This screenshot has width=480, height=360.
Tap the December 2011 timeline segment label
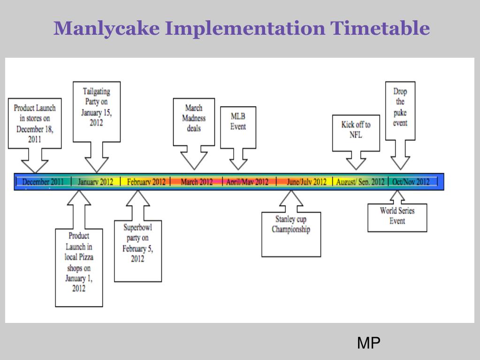tap(43, 182)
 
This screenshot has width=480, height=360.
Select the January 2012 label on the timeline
tap(95, 182)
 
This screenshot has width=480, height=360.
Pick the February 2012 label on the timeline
tap(146, 182)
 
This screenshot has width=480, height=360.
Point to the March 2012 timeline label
tap(197, 182)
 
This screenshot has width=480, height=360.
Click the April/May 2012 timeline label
tap(247, 182)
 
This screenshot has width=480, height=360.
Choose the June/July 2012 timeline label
tap(306, 182)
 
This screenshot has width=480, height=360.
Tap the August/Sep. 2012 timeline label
tap(360, 182)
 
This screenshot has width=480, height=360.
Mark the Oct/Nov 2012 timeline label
tap(411, 182)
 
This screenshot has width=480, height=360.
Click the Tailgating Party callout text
tap(97, 107)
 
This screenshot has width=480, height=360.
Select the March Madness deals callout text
tap(194, 118)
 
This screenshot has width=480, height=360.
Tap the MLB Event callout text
tap(238, 122)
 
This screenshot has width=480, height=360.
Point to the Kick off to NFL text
tap(356, 130)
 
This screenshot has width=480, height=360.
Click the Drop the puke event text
tap(400, 107)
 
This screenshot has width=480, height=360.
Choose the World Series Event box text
tap(397, 215)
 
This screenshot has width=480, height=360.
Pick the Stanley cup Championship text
tap(291, 224)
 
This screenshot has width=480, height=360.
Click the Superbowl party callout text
tap(137, 243)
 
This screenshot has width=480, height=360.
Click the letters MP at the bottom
tap(368, 343)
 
